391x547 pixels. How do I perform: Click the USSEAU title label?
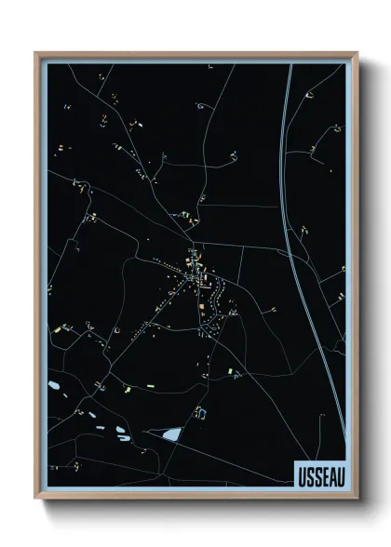coord(319,475)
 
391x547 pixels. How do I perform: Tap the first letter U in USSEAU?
coord(301,475)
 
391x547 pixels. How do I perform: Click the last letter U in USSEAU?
coord(338,475)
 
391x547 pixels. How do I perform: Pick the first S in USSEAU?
coord(308,475)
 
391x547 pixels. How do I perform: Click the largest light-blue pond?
coord(172,434)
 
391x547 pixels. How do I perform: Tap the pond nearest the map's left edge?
coord(54,384)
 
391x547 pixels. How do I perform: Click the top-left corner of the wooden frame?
coord(36,53)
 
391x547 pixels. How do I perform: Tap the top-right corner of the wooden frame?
coord(357,53)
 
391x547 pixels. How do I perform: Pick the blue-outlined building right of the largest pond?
coord(197,410)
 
